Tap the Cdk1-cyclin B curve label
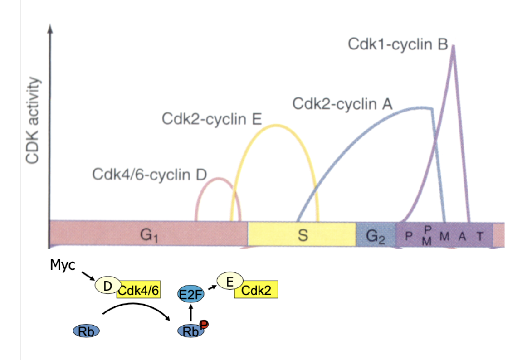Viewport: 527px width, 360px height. (x=398, y=44)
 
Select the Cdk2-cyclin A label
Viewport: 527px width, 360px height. (x=342, y=104)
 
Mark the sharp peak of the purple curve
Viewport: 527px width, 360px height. (x=453, y=46)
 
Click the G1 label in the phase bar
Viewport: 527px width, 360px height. (x=147, y=235)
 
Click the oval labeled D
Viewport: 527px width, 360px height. (x=107, y=286)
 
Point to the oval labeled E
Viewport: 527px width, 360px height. (x=230, y=281)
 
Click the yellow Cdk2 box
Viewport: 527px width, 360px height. (x=256, y=291)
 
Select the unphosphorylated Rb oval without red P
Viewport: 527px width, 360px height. (x=86, y=331)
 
